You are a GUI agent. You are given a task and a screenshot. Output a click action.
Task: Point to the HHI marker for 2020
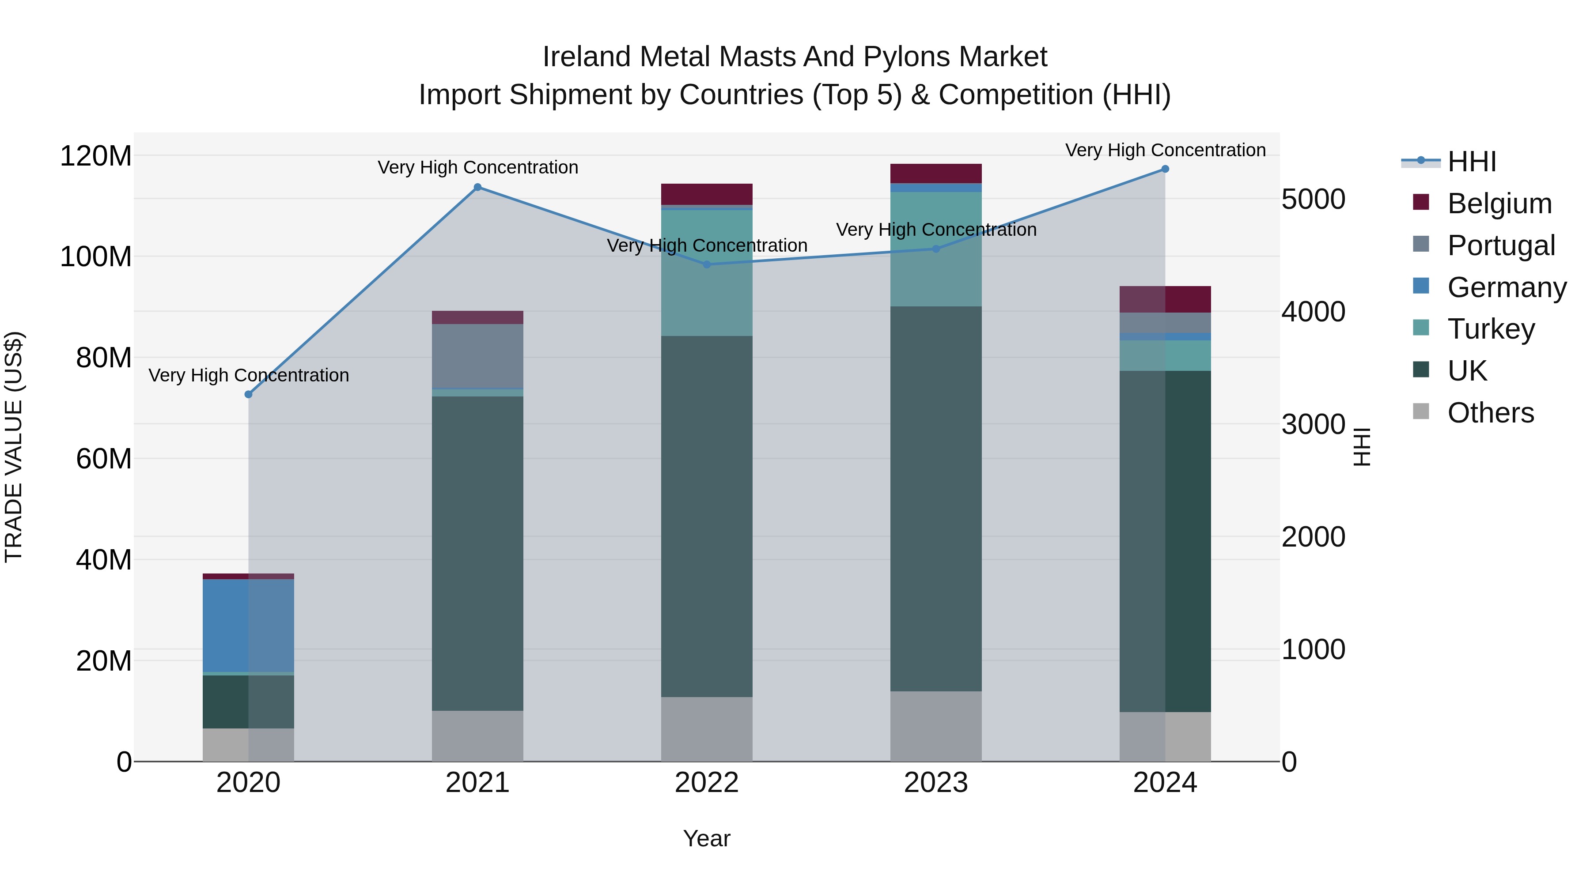click(249, 394)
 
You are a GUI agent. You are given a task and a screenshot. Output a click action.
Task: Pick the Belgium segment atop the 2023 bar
click(936, 174)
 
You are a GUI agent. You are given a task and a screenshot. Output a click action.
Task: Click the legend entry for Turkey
click(1491, 329)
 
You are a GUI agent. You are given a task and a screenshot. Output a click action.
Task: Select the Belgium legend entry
click(1499, 204)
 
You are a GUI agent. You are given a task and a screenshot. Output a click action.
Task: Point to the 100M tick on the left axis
click(96, 257)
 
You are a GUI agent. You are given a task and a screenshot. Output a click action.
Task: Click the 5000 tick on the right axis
click(1314, 199)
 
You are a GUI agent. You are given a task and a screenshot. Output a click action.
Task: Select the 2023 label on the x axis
click(936, 783)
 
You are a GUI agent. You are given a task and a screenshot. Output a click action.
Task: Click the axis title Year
click(707, 838)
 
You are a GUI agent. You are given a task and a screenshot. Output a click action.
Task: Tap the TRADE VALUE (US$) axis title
click(14, 447)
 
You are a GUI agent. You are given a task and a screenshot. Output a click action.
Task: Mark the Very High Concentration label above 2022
click(707, 245)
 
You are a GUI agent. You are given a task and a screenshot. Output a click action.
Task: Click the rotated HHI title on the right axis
click(1362, 447)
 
